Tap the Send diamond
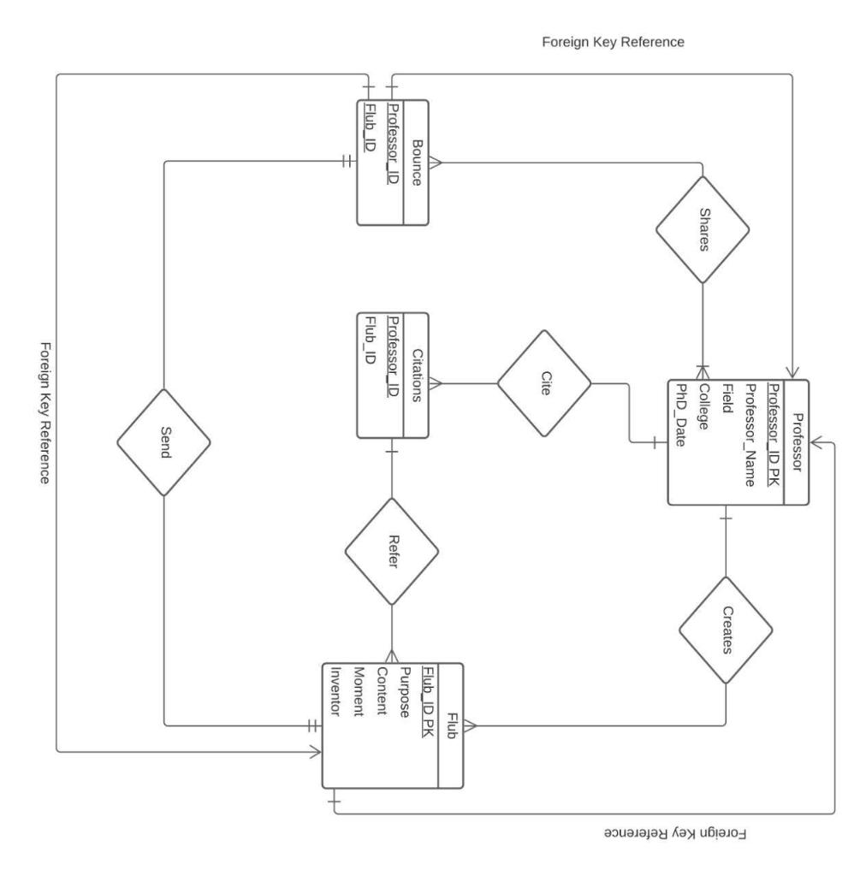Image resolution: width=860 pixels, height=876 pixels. click(163, 441)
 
